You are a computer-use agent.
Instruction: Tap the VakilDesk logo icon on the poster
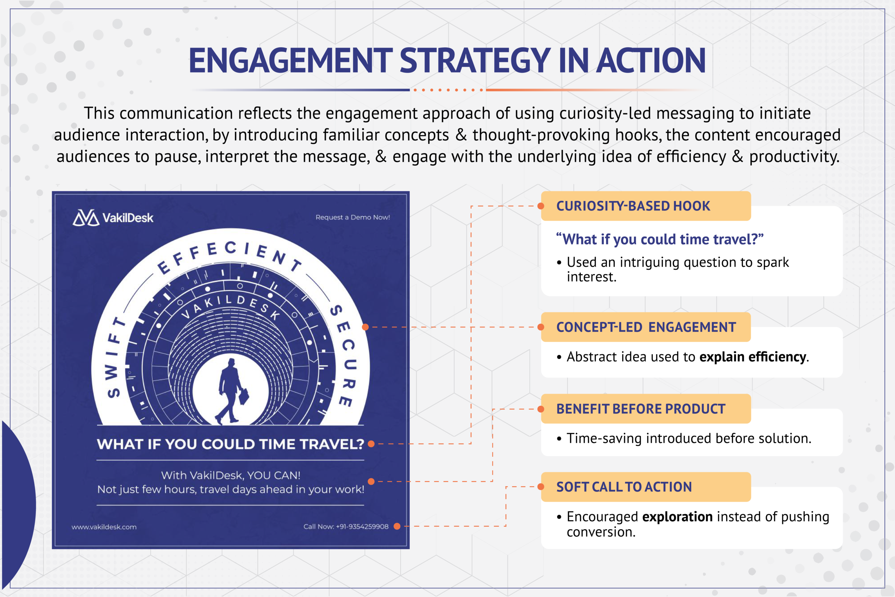(86, 218)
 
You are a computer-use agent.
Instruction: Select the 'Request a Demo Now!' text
(353, 217)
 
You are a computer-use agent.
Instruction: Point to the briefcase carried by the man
(244, 397)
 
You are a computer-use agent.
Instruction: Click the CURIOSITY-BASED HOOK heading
(633, 206)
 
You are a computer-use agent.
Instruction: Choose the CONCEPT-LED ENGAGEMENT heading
(646, 327)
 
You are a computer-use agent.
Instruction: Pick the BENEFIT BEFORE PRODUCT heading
(641, 409)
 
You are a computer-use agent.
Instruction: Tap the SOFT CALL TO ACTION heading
(624, 487)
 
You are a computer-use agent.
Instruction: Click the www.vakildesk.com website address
(104, 527)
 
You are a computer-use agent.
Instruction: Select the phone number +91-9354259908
(362, 527)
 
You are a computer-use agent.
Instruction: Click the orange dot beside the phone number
(397, 526)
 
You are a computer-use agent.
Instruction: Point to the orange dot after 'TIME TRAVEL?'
(371, 444)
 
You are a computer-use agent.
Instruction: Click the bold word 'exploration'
(677, 517)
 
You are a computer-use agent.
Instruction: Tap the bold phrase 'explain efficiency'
(752, 357)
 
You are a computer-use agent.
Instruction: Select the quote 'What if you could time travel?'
(660, 240)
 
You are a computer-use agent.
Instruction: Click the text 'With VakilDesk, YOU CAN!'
(231, 476)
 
